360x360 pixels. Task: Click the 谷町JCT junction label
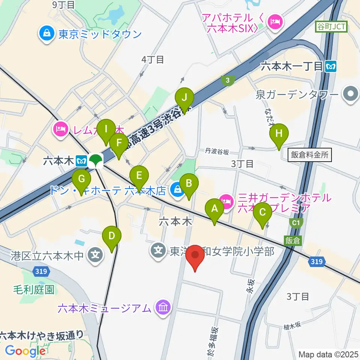[x=331, y=26]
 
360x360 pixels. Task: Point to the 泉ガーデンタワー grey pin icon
[x=351, y=94]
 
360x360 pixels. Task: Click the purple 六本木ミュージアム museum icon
[x=163, y=308]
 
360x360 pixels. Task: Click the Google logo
[x=25, y=351]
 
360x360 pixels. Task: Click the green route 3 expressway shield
[x=227, y=79]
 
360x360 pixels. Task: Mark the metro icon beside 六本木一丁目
[x=331, y=67]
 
